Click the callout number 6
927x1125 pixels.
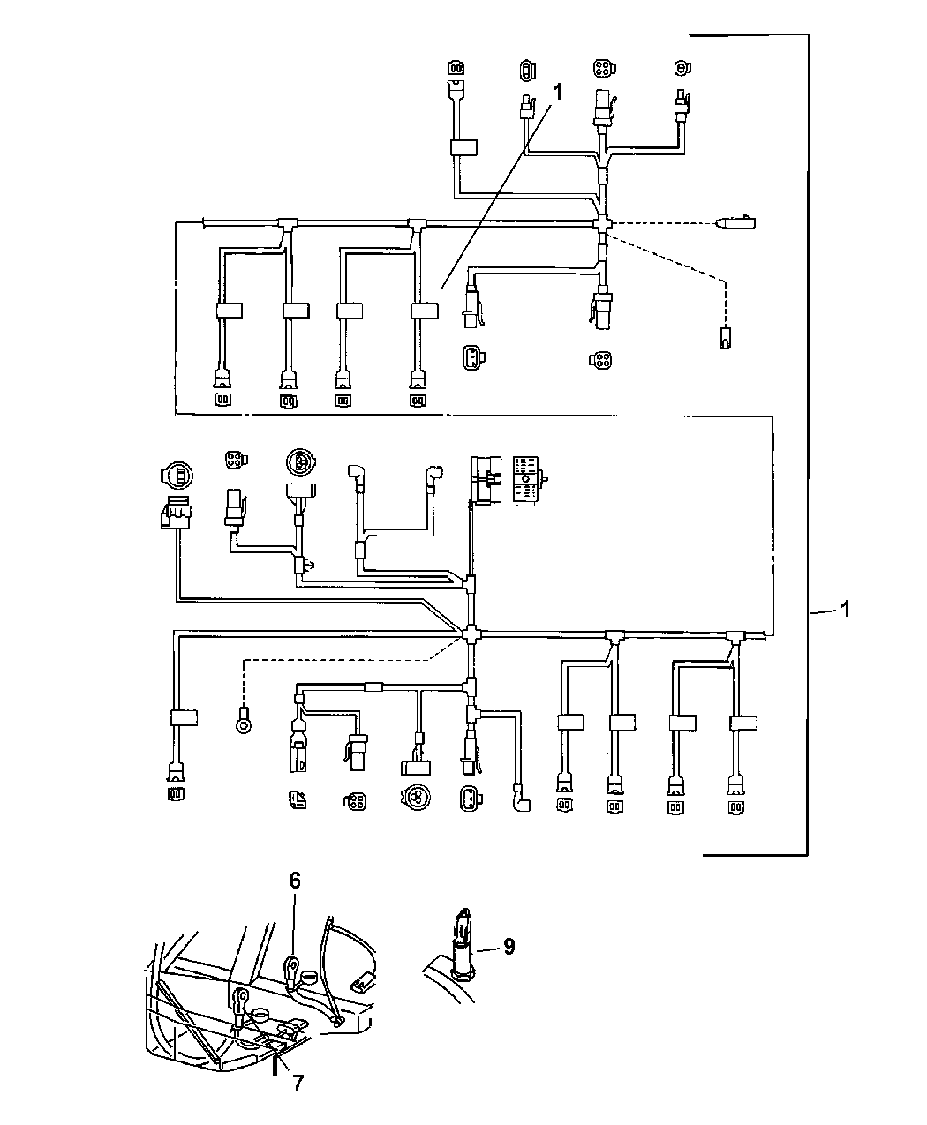click(295, 880)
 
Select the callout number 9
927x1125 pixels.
click(509, 947)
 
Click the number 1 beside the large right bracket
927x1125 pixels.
click(845, 609)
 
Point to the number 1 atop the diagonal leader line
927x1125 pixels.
click(556, 91)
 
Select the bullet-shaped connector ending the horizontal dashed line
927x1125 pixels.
click(734, 221)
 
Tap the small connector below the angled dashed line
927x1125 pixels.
click(725, 337)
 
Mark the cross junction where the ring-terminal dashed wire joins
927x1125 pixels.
click(471, 633)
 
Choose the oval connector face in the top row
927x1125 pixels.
click(527, 69)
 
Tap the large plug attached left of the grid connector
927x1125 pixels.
click(486, 479)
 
